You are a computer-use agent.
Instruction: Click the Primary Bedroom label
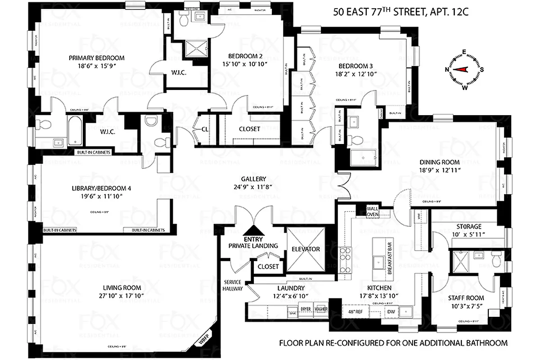point(96,58)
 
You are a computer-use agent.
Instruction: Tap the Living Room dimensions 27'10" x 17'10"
point(121,296)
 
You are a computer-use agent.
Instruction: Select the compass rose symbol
point(464,69)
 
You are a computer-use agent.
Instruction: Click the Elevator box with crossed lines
point(305,249)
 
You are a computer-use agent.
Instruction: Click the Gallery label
point(256,178)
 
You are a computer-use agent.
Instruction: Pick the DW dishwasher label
point(391,311)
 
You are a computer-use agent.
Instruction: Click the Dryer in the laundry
point(306,310)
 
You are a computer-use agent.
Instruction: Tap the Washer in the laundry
point(321,310)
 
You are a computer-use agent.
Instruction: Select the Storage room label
point(469,226)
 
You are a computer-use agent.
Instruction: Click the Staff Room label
point(466,297)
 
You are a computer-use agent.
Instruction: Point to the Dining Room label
point(440,162)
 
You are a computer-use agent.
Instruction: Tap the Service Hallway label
point(234,285)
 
